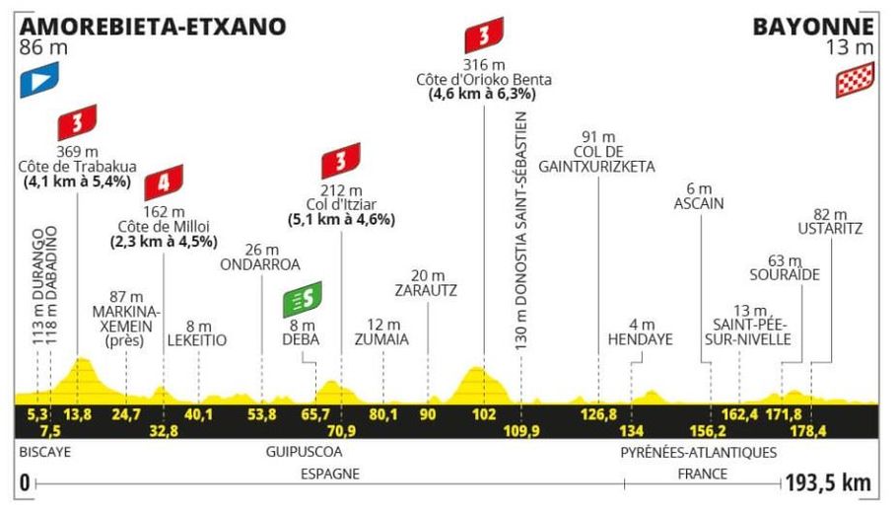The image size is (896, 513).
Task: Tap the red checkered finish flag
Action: pos(854,82)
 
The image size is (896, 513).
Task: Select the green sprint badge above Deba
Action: pos(302,297)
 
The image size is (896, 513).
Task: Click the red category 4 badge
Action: pos(162,184)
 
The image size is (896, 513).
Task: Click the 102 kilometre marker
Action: pos(483,414)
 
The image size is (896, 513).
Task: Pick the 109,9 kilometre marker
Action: pos(521,430)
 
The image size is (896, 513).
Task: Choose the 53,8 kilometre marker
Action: pos(262,414)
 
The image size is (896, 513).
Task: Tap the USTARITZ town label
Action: pos(833,229)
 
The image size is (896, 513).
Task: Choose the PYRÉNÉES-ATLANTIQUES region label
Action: pos(698,453)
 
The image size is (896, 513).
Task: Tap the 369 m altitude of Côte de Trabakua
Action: pos(77,151)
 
